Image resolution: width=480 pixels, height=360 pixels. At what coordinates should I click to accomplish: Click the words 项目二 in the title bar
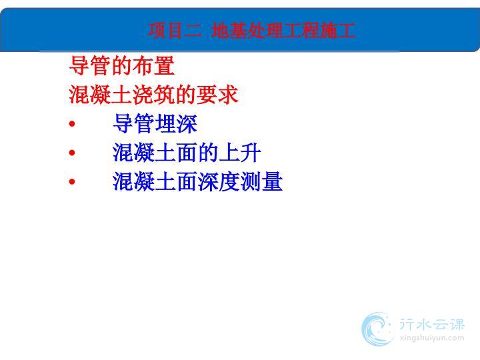175,30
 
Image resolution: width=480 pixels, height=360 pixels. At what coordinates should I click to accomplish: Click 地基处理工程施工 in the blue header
283,30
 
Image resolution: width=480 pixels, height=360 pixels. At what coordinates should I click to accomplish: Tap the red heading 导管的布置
122,65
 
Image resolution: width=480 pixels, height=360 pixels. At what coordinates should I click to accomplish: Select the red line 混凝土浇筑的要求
154,95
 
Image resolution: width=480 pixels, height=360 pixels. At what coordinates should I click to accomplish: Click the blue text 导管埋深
155,123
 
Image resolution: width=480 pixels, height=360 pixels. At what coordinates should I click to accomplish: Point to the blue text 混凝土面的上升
187,153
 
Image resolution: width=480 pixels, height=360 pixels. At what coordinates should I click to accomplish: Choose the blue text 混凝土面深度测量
198,181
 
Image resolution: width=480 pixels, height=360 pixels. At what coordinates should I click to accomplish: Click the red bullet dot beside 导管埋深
72,124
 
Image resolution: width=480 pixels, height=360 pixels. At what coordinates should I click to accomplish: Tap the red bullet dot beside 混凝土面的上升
72,153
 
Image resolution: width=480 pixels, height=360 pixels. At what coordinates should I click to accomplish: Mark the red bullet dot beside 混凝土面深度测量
72,181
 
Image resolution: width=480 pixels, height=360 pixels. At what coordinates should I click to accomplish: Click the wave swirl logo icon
377,329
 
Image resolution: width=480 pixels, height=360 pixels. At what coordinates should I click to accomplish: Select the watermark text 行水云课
432,325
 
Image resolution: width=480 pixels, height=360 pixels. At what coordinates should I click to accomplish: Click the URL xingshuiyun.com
431,338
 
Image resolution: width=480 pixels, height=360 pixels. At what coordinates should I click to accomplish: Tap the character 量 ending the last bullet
272,181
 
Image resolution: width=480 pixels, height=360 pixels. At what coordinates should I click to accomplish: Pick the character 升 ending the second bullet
251,153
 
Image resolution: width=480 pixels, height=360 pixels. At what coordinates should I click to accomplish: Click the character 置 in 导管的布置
165,65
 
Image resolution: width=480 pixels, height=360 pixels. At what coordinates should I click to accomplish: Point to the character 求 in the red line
228,95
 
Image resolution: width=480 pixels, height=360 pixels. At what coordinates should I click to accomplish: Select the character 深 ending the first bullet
187,123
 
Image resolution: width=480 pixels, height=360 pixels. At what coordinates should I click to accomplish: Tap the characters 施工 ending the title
337,30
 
